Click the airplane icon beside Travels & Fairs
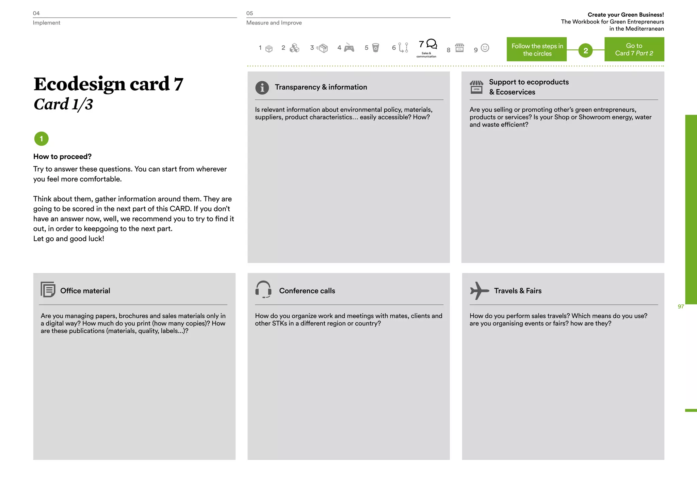[x=479, y=290]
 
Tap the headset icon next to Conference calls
[x=263, y=289]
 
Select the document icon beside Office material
[x=48, y=289]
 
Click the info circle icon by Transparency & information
[x=262, y=88]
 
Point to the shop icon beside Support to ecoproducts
[x=476, y=87]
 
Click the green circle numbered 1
[x=42, y=139]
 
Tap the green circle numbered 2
[x=585, y=51]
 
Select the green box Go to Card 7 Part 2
[x=634, y=49]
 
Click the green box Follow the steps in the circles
[x=537, y=49]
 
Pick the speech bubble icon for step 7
[x=432, y=44]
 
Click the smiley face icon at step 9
[x=485, y=48]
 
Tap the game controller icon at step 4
[x=349, y=48]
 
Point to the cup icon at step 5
[x=375, y=48]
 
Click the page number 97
[x=681, y=306]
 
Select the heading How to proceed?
[x=62, y=157]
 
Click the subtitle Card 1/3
[x=63, y=104]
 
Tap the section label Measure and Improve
[x=274, y=23]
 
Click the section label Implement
[x=46, y=23]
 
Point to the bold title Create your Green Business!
[x=626, y=15]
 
